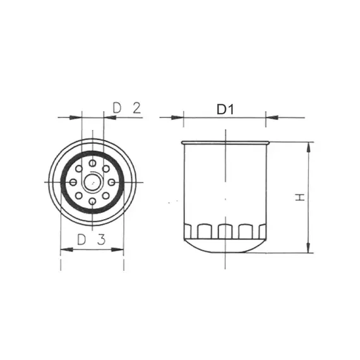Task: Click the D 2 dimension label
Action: pyautogui.click(x=126, y=107)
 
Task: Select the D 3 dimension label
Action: pyautogui.click(x=91, y=239)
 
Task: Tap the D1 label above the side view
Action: pyautogui.click(x=225, y=109)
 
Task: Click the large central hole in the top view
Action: pyautogui.click(x=93, y=183)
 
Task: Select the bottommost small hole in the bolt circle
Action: pyautogui.click(x=93, y=201)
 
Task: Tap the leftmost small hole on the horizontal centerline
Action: pyautogui.click(x=75, y=183)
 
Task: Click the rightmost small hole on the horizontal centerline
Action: pyautogui.click(x=111, y=183)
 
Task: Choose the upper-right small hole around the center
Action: pyautogui.click(x=106, y=169)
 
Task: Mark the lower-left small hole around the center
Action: pyautogui.click(x=79, y=196)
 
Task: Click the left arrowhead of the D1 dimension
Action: pyautogui.click(x=178, y=117)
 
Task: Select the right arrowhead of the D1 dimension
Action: pyautogui.click(x=271, y=117)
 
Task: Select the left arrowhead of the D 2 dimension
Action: pyautogui.click(x=78, y=117)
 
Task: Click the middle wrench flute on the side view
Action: pyautogui.click(x=225, y=231)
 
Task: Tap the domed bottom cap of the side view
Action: pyautogui.click(x=225, y=247)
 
